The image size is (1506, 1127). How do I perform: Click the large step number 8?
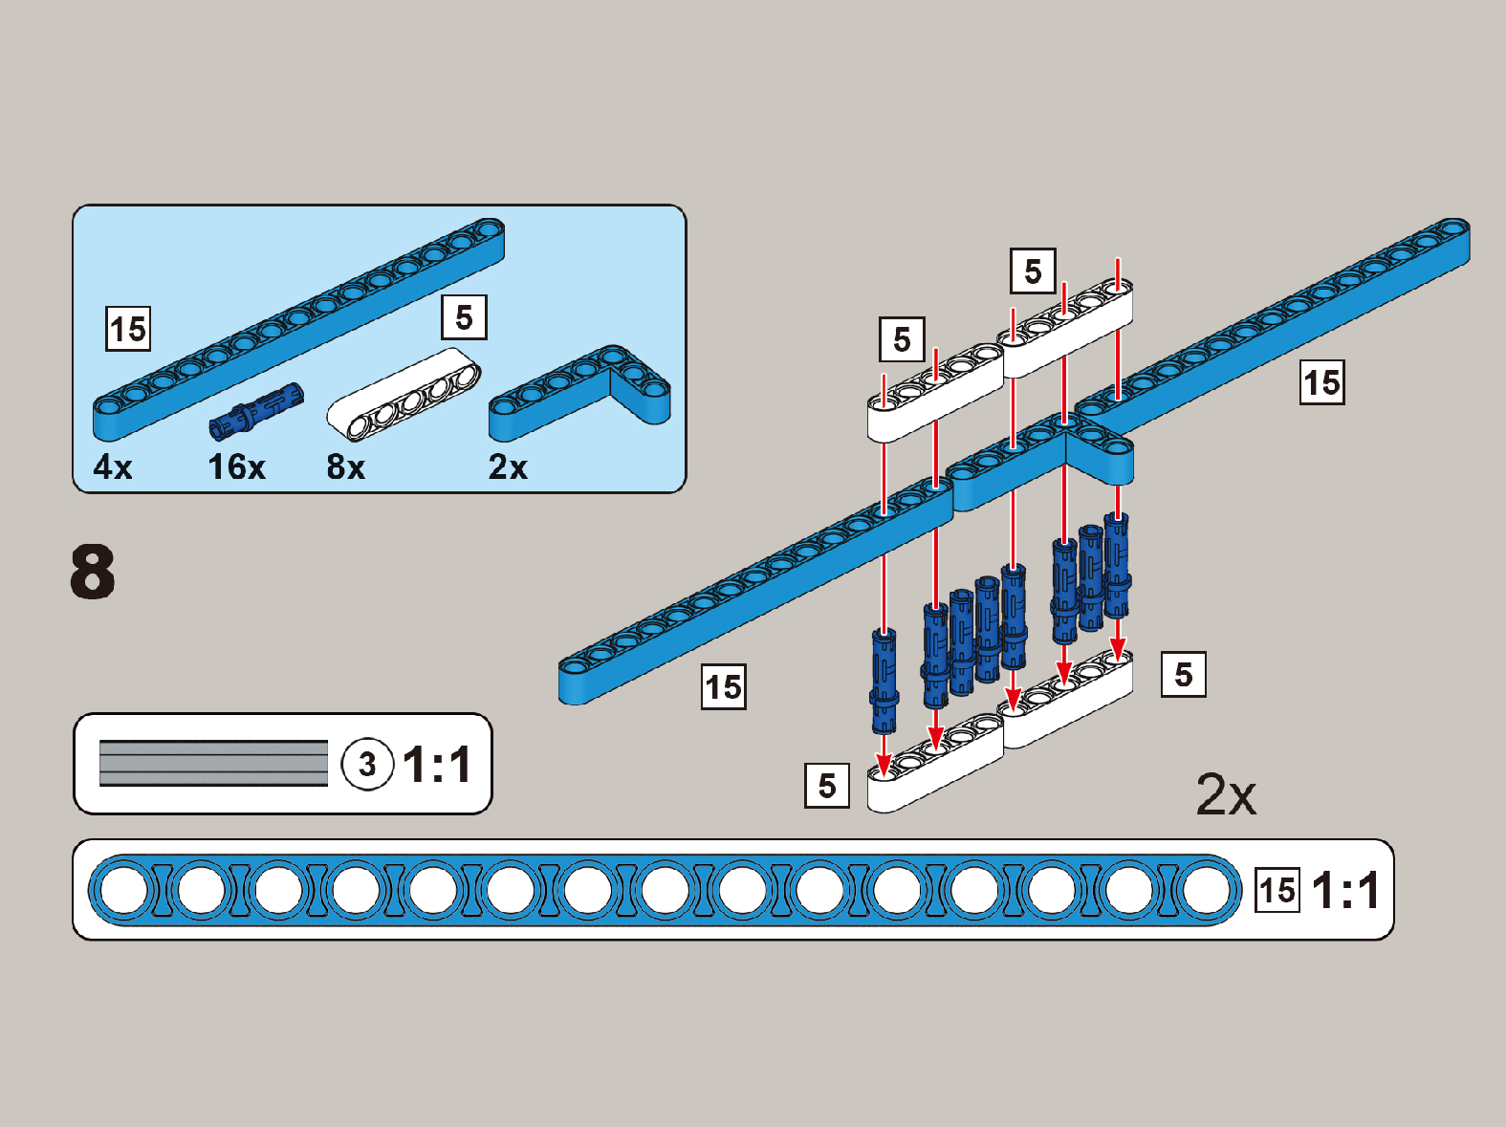pyautogui.click(x=93, y=572)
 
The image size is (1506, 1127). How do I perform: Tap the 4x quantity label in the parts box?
pyautogui.click(x=113, y=466)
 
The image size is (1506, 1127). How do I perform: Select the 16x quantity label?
pyautogui.click(x=236, y=466)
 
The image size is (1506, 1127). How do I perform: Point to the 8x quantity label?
pyautogui.click(x=345, y=466)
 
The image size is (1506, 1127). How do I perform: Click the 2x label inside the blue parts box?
pyautogui.click(x=508, y=466)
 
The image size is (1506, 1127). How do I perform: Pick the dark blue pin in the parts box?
pyautogui.click(x=256, y=410)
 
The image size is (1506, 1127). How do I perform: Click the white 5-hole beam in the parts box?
pyautogui.click(x=404, y=395)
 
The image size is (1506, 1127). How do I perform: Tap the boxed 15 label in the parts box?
pyautogui.click(x=128, y=329)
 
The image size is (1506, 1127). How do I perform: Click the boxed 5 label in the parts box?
pyautogui.click(x=464, y=317)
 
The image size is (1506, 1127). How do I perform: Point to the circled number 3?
pyautogui.click(x=367, y=765)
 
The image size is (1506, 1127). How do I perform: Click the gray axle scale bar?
pyautogui.click(x=213, y=764)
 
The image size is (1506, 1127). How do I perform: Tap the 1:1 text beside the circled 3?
pyautogui.click(x=437, y=765)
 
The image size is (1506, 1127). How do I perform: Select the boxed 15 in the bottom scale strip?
pyautogui.click(x=1277, y=891)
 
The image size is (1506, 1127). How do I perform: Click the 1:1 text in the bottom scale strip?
pyautogui.click(x=1345, y=891)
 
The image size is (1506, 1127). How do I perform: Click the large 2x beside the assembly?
pyautogui.click(x=1226, y=793)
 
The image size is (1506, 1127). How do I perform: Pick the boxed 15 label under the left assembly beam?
pyautogui.click(x=724, y=686)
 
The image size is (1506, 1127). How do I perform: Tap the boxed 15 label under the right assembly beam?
pyautogui.click(x=1322, y=382)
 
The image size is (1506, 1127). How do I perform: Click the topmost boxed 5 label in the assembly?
pyautogui.click(x=1033, y=271)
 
